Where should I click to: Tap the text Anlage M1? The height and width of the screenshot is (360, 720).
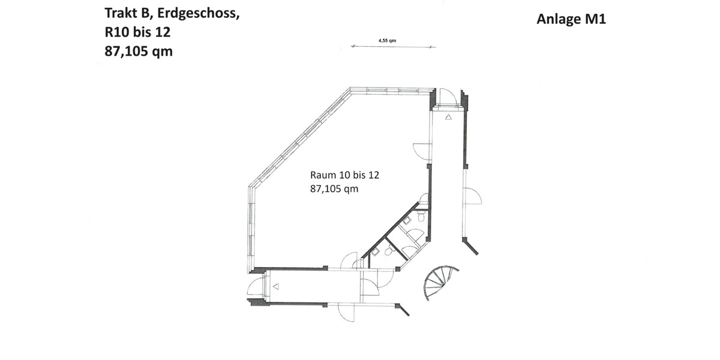point(571,19)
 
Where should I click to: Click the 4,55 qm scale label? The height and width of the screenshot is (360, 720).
point(387,40)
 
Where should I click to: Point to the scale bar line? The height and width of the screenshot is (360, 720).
point(393,46)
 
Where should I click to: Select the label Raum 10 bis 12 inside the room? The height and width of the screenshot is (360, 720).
point(345,176)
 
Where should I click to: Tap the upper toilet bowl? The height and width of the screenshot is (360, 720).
point(421,217)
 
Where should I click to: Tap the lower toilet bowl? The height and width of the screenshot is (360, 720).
point(389,253)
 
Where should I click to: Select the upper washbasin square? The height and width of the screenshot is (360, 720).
point(407,220)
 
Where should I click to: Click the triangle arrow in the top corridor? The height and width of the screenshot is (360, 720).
point(448,118)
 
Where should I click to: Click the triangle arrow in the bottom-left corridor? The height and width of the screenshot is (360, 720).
point(275,287)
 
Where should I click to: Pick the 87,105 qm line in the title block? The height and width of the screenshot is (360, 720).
point(139,52)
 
